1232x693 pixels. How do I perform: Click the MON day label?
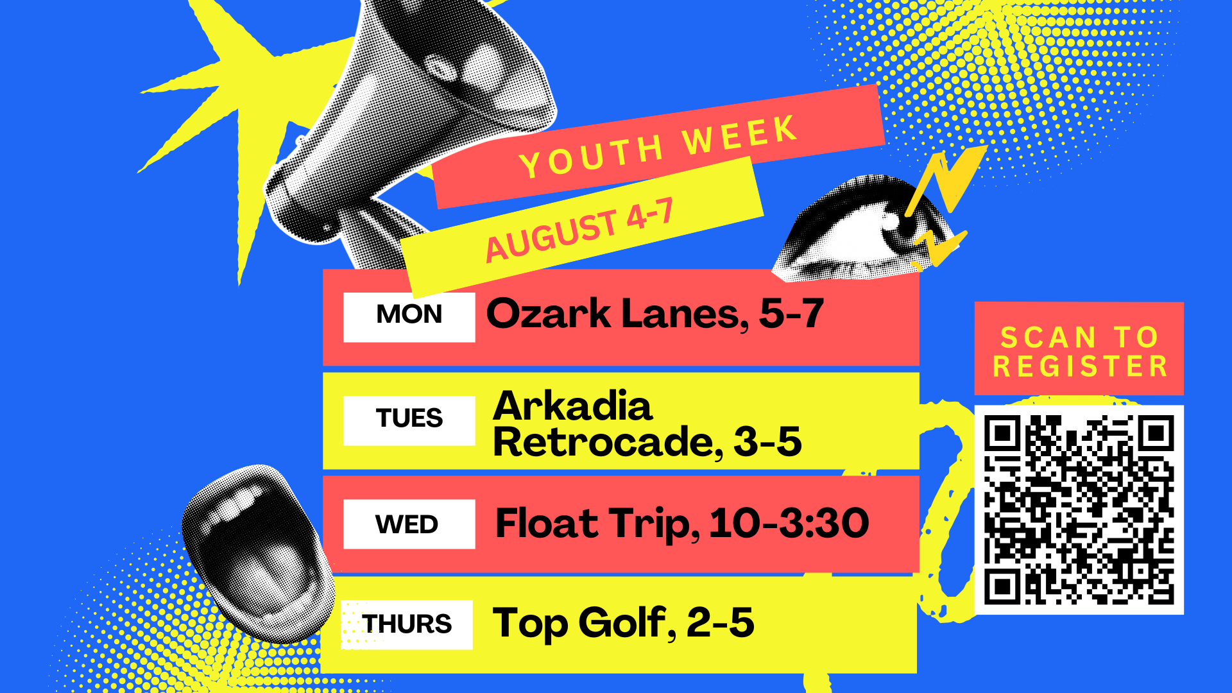tap(409, 314)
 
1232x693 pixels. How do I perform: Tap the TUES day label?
tap(409, 418)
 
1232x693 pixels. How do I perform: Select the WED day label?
tap(407, 524)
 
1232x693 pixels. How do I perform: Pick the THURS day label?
tap(407, 624)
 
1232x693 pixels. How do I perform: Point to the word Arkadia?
tap(572, 406)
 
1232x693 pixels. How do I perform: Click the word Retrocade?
tap(604, 441)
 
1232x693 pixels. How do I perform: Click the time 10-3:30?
tap(789, 523)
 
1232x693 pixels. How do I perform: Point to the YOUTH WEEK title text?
tap(658, 147)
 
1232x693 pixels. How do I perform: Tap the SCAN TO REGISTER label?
tap(1079, 352)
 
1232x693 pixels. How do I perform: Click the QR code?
tap(1079, 509)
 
